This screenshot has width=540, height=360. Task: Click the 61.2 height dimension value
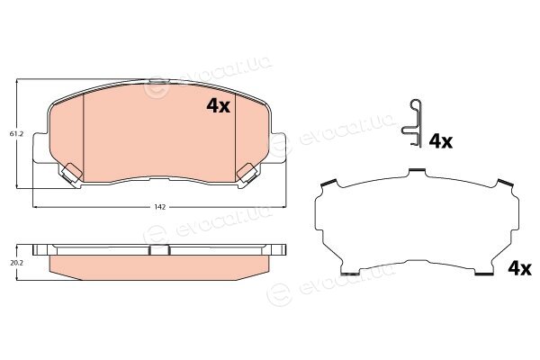[x=16, y=134]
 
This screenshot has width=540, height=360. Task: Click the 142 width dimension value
[x=160, y=207]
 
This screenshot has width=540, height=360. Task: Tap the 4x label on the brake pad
[x=219, y=106]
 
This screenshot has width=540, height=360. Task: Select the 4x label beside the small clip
[x=441, y=141]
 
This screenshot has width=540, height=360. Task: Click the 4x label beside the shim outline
[x=519, y=268]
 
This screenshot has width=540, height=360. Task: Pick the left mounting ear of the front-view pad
[x=40, y=148]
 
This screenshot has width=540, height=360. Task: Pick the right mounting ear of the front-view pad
[x=279, y=148]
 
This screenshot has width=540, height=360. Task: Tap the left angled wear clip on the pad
[x=72, y=173]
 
